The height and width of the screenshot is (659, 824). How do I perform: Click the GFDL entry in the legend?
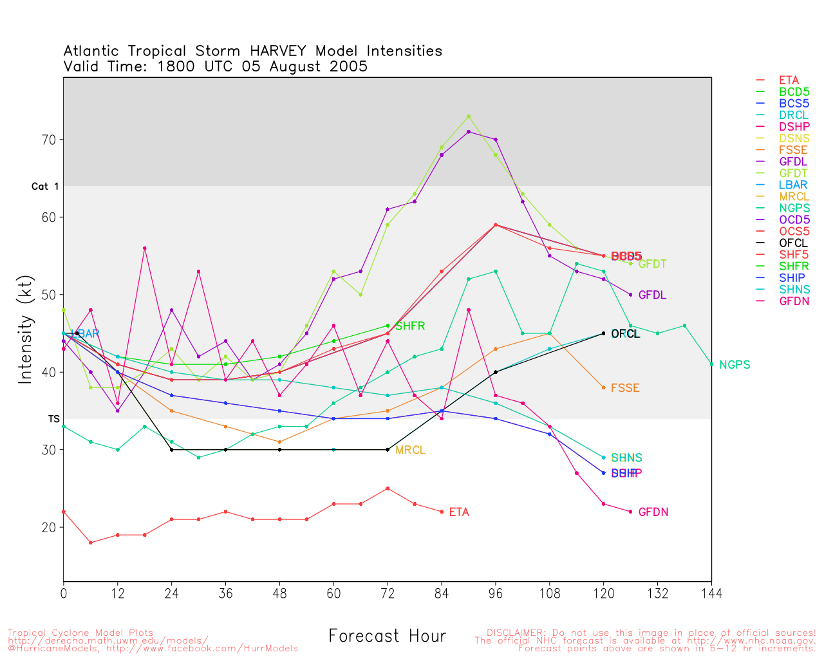(792, 162)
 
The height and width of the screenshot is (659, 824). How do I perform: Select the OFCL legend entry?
(792, 243)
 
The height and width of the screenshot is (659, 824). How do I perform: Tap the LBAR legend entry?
(792, 185)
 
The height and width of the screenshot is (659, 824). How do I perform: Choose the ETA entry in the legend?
(789, 80)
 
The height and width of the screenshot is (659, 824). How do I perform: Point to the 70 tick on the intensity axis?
(50, 140)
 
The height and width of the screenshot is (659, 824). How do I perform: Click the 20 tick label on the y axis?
(50, 527)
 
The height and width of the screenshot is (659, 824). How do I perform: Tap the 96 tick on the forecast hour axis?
(496, 593)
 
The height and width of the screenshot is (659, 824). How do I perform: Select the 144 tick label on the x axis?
(711, 593)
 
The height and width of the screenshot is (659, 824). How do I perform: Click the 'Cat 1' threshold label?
(45, 187)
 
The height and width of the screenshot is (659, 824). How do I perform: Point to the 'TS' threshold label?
(53, 419)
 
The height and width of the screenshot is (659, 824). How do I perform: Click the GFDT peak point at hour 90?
(469, 116)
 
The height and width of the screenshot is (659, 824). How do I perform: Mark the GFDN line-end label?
(653, 512)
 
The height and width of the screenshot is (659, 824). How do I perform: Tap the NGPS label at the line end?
(735, 365)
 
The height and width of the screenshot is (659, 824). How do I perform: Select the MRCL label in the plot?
(410, 450)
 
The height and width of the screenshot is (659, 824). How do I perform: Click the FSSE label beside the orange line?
(624, 388)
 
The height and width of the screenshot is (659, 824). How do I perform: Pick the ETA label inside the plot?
(459, 512)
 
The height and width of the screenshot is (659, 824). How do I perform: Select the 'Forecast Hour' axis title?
(387, 636)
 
